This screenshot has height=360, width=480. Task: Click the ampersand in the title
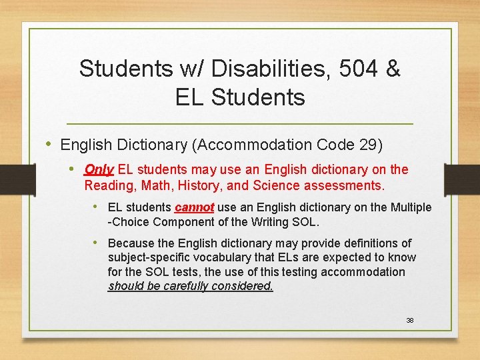point(393,68)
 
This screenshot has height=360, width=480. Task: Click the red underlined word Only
point(99,170)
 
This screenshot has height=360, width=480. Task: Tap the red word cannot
point(194,207)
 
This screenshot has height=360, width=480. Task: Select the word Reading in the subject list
point(108,185)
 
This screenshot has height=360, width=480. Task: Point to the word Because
point(133,243)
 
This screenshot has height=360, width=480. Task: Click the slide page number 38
point(411,321)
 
